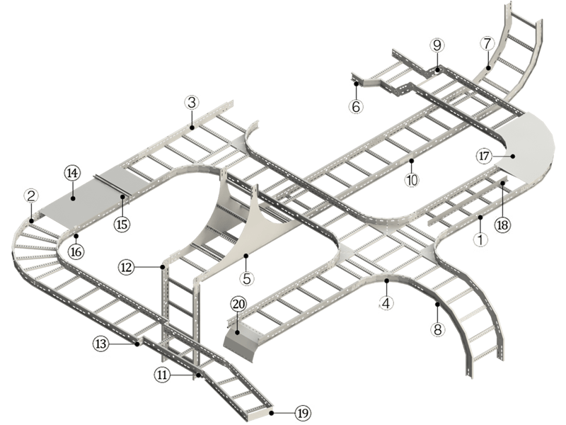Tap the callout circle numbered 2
tap(30, 195)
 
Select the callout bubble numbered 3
tap(191, 103)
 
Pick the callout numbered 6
tap(356, 107)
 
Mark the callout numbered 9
tap(437, 45)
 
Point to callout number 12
tap(126, 267)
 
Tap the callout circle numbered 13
tap(101, 344)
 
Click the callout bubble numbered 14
tap(72, 173)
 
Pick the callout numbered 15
tap(122, 224)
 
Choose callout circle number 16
tap(76, 250)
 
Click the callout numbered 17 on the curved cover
tap(484, 154)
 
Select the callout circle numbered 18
tap(502, 224)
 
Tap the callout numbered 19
tap(303, 413)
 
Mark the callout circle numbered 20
tap(238, 303)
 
